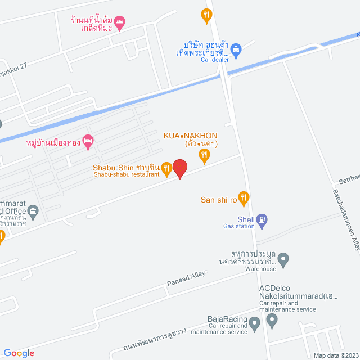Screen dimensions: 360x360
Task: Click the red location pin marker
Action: click(179, 168)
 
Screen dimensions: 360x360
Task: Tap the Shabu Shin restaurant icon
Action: click(166, 167)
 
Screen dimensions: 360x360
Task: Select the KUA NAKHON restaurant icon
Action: click(205, 154)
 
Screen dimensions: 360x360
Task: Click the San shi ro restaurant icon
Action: click(243, 197)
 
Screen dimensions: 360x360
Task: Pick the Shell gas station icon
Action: click(262, 219)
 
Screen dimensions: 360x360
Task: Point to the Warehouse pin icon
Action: click(283, 259)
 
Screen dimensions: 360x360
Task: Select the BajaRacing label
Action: click(228, 318)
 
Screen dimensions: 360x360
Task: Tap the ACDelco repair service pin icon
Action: click(272, 321)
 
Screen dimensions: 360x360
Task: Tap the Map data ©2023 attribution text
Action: click(335, 355)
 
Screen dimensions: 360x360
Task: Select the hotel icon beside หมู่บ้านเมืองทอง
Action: click(87, 142)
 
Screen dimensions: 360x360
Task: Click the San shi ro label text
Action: click(218, 199)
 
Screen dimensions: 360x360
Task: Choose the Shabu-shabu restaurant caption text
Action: click(123, 174)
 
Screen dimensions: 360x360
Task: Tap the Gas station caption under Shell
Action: click(239, 226)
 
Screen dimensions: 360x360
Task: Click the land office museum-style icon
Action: click(33, 212)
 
